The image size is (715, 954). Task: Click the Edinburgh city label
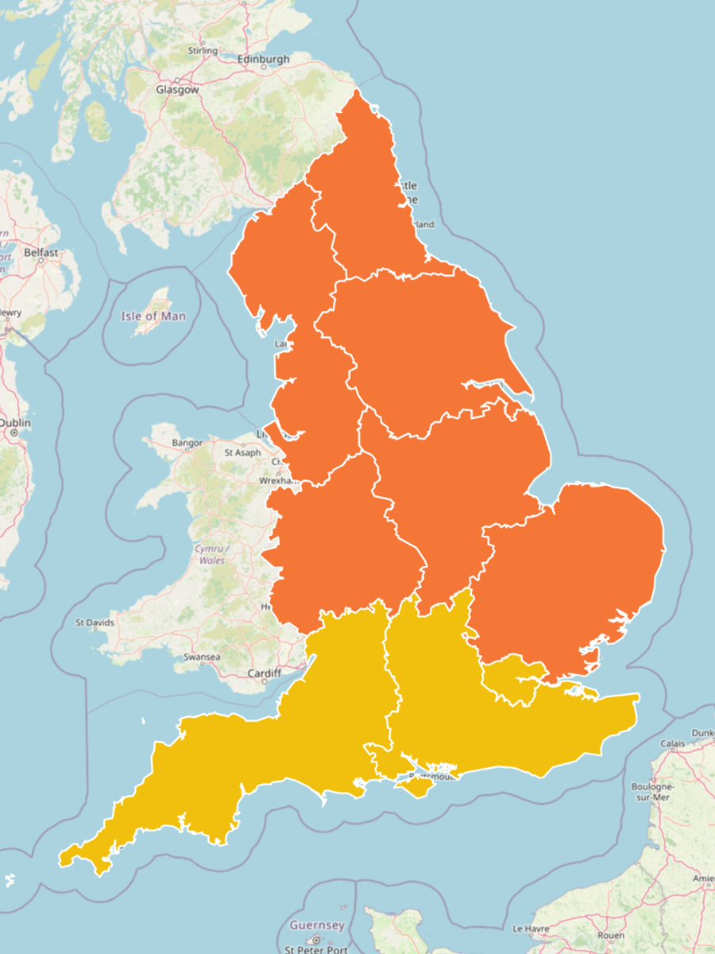pos(263,59)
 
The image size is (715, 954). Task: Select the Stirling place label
pos(202,51)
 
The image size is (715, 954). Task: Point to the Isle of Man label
pos(153,316)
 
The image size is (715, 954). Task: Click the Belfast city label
pos(41,253)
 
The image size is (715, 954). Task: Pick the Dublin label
pos(14,423)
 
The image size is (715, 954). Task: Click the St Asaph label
pos(242,452)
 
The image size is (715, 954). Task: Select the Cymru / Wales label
pos(212,555)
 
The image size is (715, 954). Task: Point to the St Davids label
pos(95,622)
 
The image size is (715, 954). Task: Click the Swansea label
pos(202,657)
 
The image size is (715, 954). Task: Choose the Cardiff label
pos(264,673)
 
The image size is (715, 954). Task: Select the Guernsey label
pos(317,925)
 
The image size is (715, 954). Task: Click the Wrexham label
pos(275,481)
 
